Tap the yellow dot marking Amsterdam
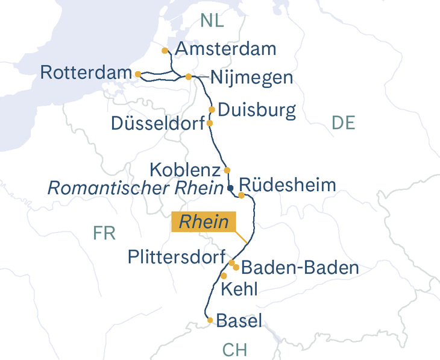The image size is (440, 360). click(x=165, y=51)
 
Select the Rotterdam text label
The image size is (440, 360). click(x=86, y=73)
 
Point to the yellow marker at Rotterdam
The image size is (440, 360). click(x=138, y=74)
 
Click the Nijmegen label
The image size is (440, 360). click(x=251, y=78)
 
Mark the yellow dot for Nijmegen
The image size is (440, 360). click(x=189, y=77)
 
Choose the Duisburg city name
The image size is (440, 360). click(x=257, y=110)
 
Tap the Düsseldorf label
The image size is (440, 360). click(x=158, y=123)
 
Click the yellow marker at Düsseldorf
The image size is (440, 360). click(x=210, y=123)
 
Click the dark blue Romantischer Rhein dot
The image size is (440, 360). click(x=230, y=189)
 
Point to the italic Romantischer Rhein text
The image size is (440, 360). click(x=136, y=188)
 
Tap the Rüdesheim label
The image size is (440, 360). click(x=288, y=185)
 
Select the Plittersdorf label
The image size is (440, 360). click(x=177, y=257)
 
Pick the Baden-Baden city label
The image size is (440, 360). click(x=303, y=267)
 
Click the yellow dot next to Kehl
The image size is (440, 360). click(x=224, y=276)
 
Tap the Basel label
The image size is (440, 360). click(x=239, y=321)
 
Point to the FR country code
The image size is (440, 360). click(x=104, y=233)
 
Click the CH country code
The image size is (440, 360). click(x=234, y=350)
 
